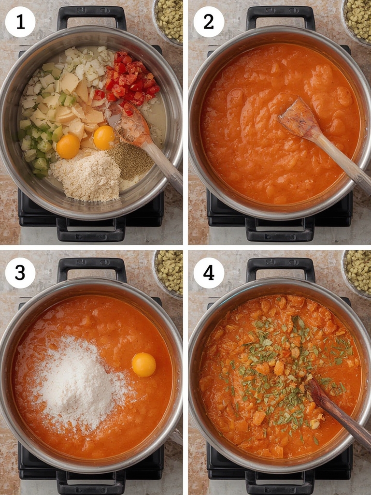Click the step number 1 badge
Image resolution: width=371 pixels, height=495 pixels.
(20, 22)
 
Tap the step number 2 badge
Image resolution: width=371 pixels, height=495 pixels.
(209, 22)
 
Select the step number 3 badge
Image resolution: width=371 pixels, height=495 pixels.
(20, 273)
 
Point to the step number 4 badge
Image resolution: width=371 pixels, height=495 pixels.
(209, 273)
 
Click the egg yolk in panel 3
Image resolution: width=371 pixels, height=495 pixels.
(144, 364)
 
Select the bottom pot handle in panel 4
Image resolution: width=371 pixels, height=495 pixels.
(280, 481)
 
